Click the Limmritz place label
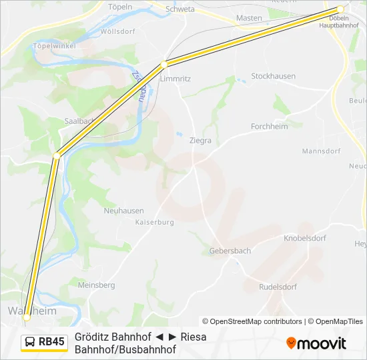[175, 78]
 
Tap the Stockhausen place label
[273, 76]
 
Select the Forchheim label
[269, 127]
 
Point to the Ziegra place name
[200, 141]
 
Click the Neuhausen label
[123, 210]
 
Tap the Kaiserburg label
[154, 222]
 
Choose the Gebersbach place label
[230, 251]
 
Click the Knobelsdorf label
[304, 237]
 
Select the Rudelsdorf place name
[278, 287]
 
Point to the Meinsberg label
[96, 285]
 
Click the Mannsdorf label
[321, 151]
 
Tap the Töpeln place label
[120, 7]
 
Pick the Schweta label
[180, 9]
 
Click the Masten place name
[249, 18]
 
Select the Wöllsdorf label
[117, 31]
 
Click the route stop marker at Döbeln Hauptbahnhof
[340, 9]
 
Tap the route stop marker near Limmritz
[163, 65]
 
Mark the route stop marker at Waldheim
[27, 317]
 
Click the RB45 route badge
[45, 342]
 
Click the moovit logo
[316, 343]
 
